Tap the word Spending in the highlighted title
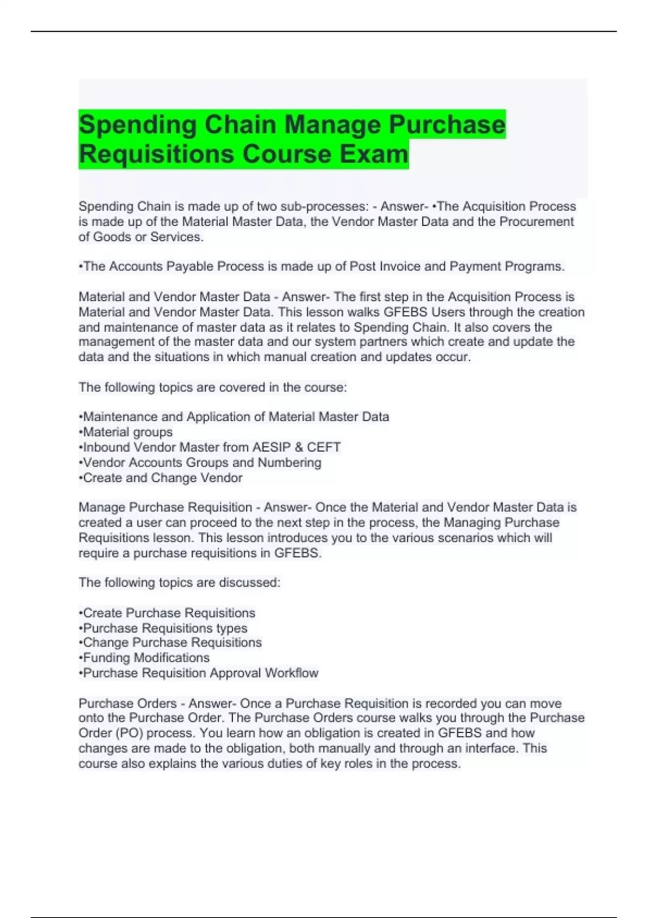click(x=138, y=125)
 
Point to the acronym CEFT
click(x=323, y=447)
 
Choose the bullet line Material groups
click(x=126, y=432)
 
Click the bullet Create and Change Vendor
click(x=160, y=478)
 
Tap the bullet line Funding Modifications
click(x=144, y=658)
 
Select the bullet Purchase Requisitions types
click(x=163, y=628)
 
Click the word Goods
click(x=110, y=237)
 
